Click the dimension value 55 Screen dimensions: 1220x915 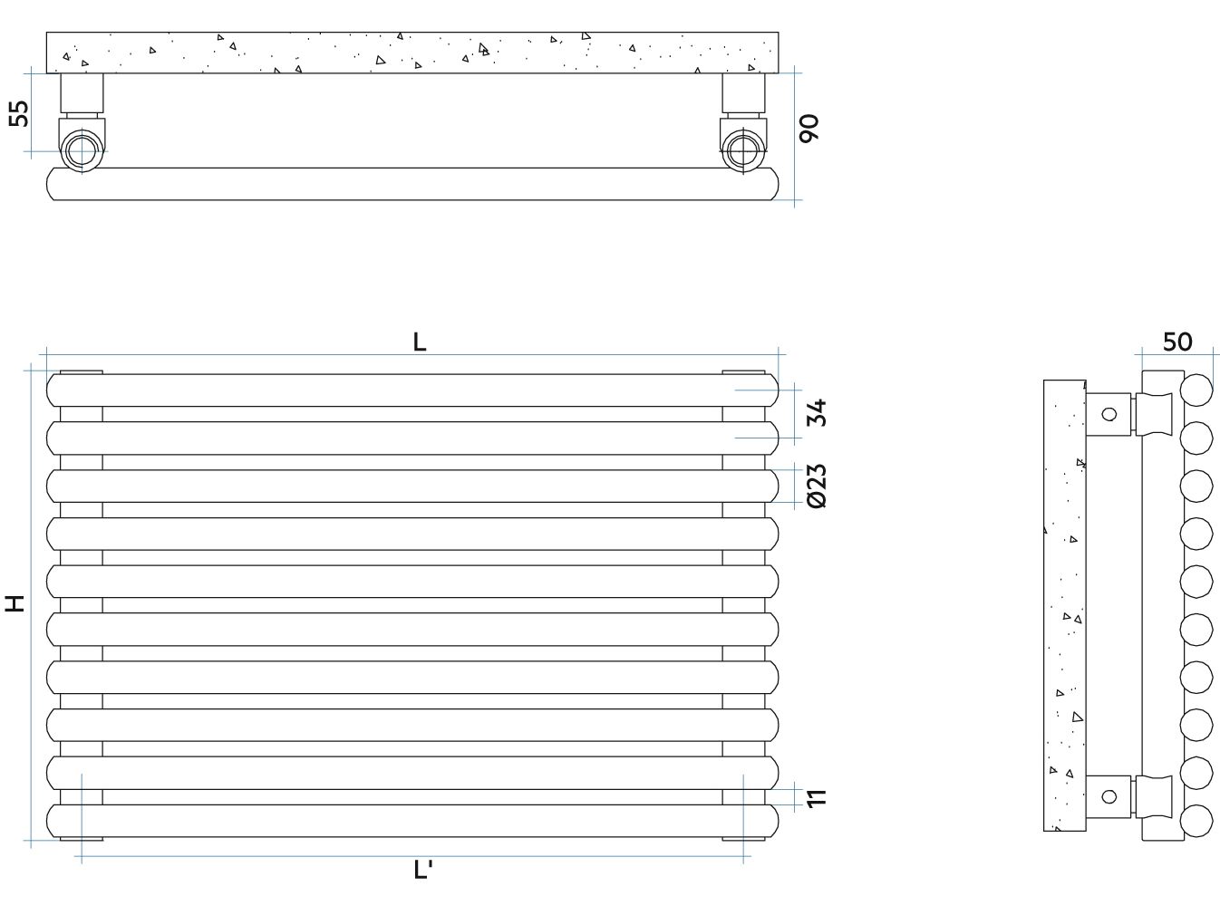(x=19, y=113)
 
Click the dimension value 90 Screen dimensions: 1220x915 (x=808, y=129)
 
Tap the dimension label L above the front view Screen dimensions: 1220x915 (x=420, y=342)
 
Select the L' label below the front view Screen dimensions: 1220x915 (x=422, y=870)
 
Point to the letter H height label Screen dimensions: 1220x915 (x=15, y=602)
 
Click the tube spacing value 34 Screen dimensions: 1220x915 (x=817, y=412)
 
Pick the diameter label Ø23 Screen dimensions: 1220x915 (x=817, y=486)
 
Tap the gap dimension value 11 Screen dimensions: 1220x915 (x=817, y=798)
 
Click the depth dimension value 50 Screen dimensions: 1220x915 (x=1177, y=342)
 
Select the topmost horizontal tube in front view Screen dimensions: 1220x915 (x=412, y=390)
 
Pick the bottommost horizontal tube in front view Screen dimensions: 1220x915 (x=412, y=821)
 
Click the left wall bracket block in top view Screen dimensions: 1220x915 (x=82, y=92)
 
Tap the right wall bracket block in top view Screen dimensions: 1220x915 (x=743, y=92)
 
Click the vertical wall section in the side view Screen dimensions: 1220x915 (x=1064, y=605)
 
